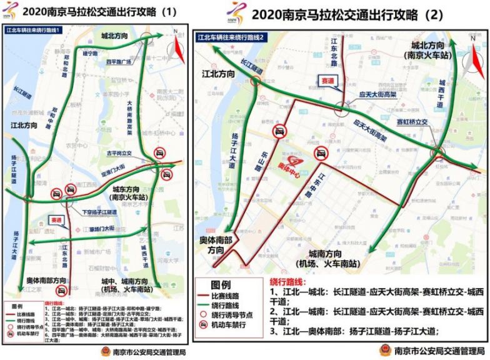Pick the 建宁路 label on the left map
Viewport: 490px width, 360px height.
coord(91,54)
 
